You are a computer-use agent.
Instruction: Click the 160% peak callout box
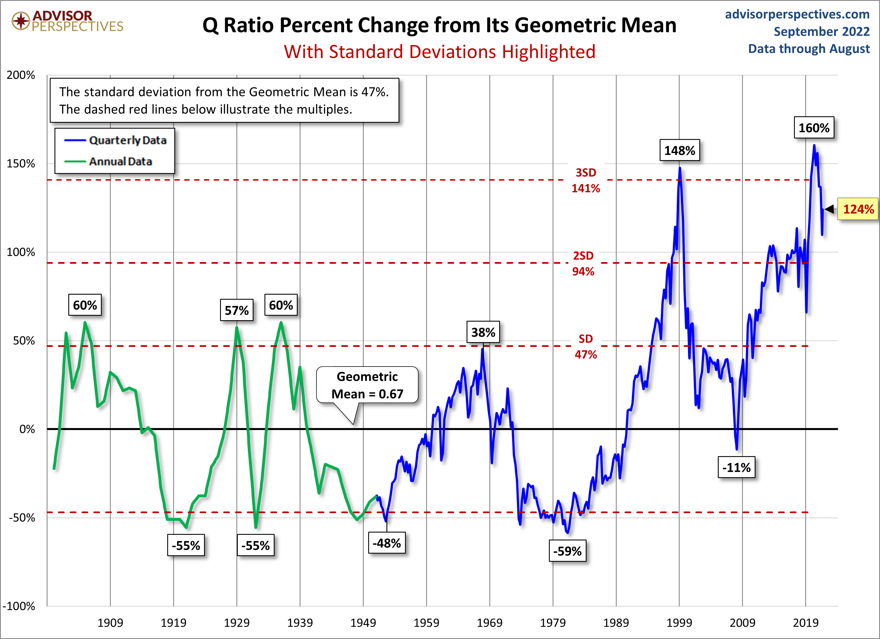(x=814, y=128)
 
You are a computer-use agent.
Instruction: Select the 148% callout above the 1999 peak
(x=679, y=151)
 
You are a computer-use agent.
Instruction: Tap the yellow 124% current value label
(x=858, y=209)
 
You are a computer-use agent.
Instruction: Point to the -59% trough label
(x=567, y=551)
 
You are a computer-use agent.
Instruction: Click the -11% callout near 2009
(x=736, y=467)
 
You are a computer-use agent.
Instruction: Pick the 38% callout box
(x=483, y=332)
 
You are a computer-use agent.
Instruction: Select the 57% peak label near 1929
(x=237, y=310)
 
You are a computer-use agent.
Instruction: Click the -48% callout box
(x=386, y=543)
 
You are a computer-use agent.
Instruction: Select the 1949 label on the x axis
(x=363, y=623)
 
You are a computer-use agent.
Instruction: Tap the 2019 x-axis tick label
(x=806, y=623)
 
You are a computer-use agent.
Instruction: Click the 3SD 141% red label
(x=585, y=180)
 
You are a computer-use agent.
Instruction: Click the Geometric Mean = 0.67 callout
(x=367, y=385)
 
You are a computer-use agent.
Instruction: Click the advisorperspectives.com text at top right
(x=797, y=14)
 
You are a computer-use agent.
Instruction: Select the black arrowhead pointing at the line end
(x=829, y=209)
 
